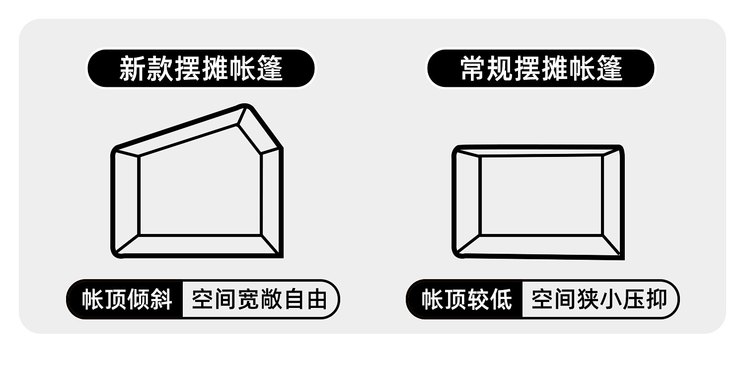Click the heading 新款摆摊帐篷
(201, 68)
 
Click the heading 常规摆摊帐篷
(541, 68)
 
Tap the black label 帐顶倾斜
(127, 299)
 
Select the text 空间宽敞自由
(259, 299)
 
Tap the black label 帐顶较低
(466, 299)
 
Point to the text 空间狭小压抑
(598, 299)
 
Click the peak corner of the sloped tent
(244, 107)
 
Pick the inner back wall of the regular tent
(541, 195)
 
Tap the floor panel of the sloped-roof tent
(199, 245)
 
